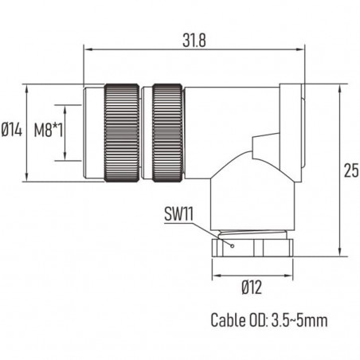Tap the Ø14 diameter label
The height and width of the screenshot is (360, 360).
(11, 131)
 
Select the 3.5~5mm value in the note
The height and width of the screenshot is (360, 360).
(299, 322)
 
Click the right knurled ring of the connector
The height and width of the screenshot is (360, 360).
(168, 131)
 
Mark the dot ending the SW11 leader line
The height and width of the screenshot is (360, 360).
(229, 246)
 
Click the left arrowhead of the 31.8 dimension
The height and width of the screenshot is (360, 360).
(88, 50)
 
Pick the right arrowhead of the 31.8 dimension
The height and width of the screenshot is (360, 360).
(303, 50)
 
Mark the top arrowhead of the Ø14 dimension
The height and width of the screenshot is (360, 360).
(29, 86)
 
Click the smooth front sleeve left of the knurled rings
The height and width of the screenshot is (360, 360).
(94, 131)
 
